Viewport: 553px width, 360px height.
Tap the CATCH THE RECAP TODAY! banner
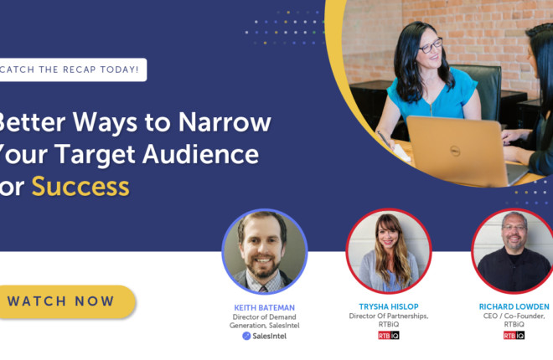(72, 69)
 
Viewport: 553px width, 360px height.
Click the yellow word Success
(80, 187)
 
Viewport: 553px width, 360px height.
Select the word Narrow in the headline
(225, 122)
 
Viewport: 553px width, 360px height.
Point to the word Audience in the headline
(201, 154)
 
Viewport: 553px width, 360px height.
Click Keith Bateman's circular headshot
(265, 251)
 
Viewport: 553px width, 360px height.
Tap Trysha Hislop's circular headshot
(389, 251)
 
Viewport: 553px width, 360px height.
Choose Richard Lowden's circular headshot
(514, 251)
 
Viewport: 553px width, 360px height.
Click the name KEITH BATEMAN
(265, 307)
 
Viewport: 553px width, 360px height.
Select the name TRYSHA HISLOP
(389, 306)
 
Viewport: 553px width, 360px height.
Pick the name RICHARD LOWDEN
(514, 306)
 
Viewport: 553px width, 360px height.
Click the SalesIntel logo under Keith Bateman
(265, 336)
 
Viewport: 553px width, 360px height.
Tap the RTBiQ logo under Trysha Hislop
(389, 336)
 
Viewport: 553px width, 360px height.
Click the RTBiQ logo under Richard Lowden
(514, 336)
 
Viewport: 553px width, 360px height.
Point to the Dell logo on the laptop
(455, 152)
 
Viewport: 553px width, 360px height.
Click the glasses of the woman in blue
(431, 45)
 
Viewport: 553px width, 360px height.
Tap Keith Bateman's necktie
(263, 290)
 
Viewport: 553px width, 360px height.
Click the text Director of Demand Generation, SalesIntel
(265, 321)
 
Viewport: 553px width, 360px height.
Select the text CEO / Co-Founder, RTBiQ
(514, 320)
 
